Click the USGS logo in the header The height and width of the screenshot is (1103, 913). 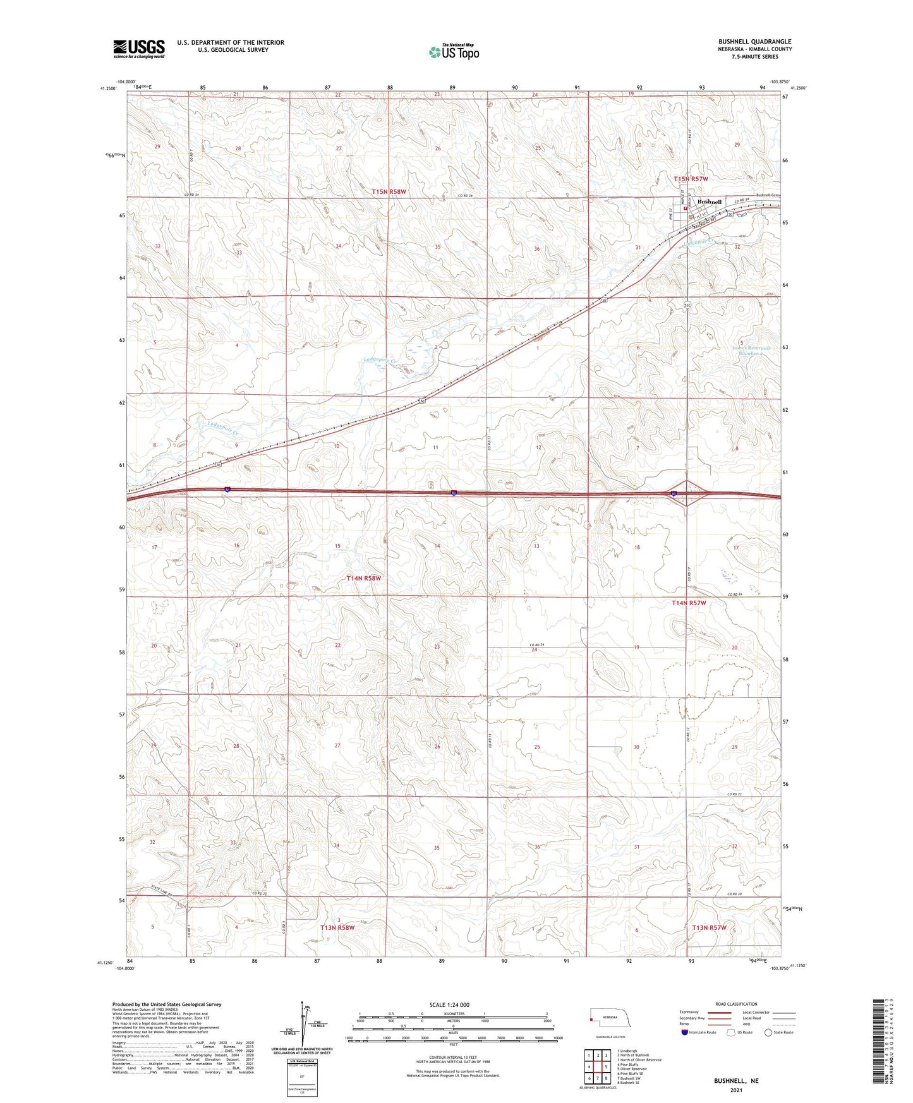coord(139,49)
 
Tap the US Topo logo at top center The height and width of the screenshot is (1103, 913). coord(454,51)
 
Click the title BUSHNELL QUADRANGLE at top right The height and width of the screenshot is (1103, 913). coord(754,42)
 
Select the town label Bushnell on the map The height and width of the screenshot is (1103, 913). coord(710,202)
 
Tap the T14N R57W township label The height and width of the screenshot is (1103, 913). coord(688,603)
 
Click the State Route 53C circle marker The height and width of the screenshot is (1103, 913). coord(687,305)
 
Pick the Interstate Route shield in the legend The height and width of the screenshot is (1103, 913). coord(686,1032)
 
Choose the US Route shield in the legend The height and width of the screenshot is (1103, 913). coord(732,1032)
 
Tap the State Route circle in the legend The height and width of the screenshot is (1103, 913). coord(768,1032)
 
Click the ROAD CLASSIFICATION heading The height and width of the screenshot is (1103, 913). coord(736,1004)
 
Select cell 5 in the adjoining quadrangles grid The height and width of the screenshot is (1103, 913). coord(605,1067)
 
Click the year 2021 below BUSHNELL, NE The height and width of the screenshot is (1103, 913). coord(736,1090)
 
